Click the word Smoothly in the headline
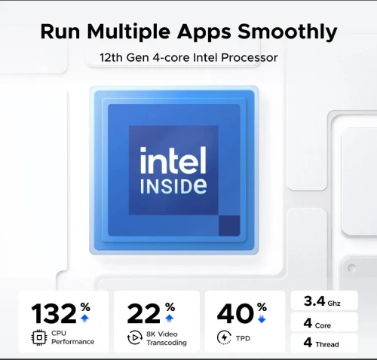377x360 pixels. (x=287, y=32)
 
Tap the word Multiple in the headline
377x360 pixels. (x=128, y=32)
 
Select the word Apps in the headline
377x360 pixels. (x=204, y=32)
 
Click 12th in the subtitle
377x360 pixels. (x=111, y=57)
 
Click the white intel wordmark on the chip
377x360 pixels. (x=173, y=160)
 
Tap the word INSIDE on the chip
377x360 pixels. (x=173, y=186)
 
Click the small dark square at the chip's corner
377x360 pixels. (x=229, y=225)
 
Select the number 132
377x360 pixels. (x=54, y=313)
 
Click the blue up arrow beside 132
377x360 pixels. (x=84, y=318)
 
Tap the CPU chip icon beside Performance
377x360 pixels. (x=39, y=337)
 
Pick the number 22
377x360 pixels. (x=143, y=313)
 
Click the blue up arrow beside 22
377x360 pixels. (x=170, y=318)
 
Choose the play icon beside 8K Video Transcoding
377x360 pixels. (x=135, y=337)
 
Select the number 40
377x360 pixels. (x=235, y=313)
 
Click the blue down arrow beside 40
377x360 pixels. (x=262, y=319)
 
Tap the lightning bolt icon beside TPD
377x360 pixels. (x=224, y=337)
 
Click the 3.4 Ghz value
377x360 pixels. (x=322, y=301)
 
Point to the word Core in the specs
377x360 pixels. (x=323, y=325)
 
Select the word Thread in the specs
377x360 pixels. (x=327, y=344)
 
